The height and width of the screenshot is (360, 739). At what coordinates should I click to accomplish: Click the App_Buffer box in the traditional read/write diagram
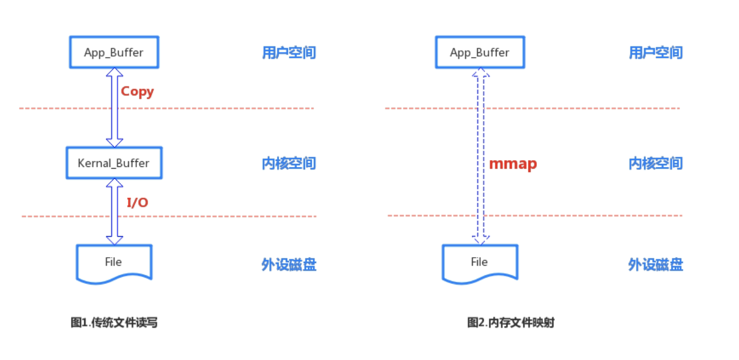click(114, 53)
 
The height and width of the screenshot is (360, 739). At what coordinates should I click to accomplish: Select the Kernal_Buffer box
click(114, 164)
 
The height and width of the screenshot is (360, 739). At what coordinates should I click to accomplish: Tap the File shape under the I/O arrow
click(114, 262)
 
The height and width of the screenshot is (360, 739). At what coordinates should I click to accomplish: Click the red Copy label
click(137, 91)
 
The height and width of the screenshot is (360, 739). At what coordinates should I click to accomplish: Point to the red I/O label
click(137, 202)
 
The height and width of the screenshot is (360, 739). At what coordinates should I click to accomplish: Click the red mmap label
click(513, 164)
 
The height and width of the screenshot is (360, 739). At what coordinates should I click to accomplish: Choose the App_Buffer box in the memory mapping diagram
click(480, 53)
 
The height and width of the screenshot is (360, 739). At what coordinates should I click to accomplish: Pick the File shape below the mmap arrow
click(480, 262)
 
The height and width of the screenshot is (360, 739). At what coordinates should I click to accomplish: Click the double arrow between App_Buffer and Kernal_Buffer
click(115, 107)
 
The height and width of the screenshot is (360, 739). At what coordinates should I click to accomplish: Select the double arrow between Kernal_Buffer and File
click(115, 211)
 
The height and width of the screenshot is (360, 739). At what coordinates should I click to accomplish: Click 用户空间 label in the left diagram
click(289, 53)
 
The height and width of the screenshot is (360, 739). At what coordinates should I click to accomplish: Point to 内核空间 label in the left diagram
click(289, 164)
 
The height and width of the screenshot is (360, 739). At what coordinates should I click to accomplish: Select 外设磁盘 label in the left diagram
click(289, 265)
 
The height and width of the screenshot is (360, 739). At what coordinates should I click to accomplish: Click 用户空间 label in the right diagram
click(656, 53)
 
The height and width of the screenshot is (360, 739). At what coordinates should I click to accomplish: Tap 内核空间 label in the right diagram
click(656, 164)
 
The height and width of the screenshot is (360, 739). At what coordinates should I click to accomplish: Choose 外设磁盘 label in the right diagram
click(656, 265)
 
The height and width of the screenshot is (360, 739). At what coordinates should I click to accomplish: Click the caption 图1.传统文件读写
click(114, 323)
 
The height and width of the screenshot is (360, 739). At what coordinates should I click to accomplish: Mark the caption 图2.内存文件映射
click(510, 323)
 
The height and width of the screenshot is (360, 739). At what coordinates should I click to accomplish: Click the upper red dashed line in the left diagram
click(227, 108)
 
